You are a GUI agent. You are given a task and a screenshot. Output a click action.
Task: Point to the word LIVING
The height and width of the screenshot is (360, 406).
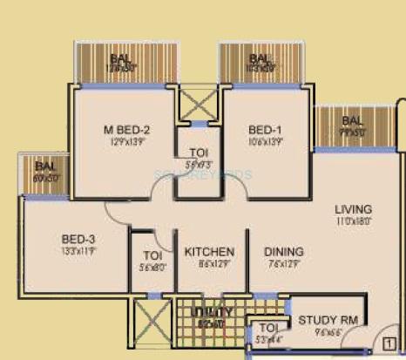[x=354, y=210]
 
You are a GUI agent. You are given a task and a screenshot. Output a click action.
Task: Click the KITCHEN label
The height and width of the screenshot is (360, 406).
[x=209, y=253]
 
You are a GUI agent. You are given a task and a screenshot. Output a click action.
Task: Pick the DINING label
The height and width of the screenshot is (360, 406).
[x=284, y=253]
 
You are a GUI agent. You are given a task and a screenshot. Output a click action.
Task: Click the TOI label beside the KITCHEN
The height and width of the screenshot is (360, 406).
[x=152, y=255]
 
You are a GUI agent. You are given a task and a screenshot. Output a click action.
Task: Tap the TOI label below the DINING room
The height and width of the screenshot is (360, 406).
[x=268, y=328]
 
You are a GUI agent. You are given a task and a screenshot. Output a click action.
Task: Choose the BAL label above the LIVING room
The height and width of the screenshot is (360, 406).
[x=353, y=120]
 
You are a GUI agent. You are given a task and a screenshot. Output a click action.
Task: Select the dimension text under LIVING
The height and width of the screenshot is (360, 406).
[x=354, y=222]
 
